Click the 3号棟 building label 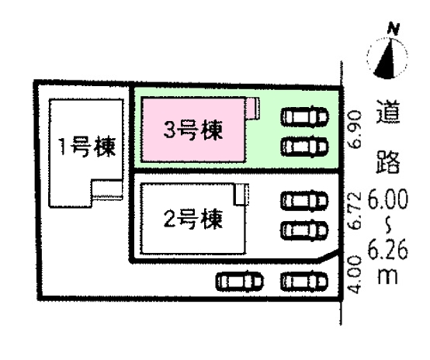193,130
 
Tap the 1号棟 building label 87,147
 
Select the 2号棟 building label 193,219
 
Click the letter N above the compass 394,29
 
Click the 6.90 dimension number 354,130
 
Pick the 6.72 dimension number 354,210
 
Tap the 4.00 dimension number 354,274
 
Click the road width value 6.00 388,200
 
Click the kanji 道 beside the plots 388,112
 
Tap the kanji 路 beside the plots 388,161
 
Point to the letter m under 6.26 388,276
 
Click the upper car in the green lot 305,116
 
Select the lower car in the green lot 305,147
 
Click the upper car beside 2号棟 305,201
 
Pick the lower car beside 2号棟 305,230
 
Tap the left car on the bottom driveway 240,281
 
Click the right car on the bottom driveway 305,281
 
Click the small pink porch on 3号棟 252,109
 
